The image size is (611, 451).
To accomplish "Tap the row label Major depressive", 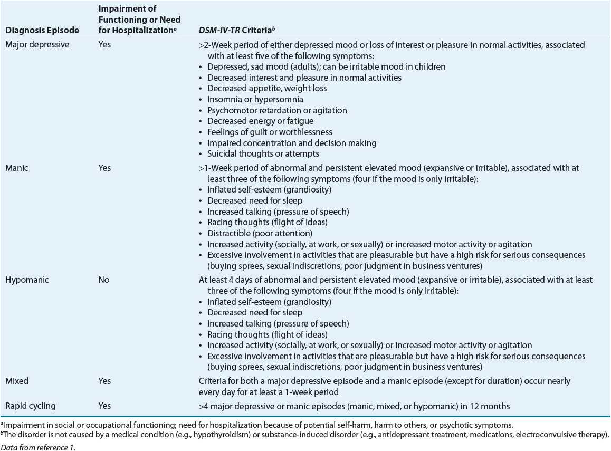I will [x=37, y=45].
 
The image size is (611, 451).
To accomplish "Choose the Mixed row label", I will [x=17, y=381].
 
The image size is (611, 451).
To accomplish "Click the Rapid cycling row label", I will [x=30, y=406].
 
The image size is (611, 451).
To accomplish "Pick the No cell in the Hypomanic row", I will [x=104, y=280].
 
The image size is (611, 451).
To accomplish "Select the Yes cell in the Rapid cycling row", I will [x=104, y=406].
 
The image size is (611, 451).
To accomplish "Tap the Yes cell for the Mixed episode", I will [x=104, y=381].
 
